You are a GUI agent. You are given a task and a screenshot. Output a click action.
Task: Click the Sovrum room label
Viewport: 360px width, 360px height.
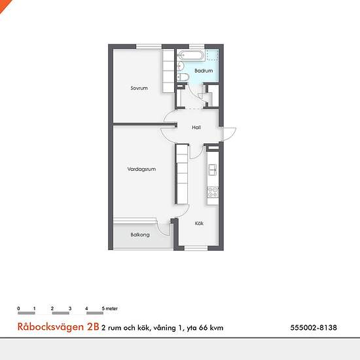tap(139, 88)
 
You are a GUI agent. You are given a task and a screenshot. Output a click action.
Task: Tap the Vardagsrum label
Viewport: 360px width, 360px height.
tap(141, 170)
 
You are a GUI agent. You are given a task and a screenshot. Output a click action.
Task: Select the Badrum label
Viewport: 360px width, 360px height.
tap(204, 71)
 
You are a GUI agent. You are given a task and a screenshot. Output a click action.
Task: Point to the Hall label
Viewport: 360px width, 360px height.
tap(196, 128)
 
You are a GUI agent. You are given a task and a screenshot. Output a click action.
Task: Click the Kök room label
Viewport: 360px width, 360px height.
tap(199, 223)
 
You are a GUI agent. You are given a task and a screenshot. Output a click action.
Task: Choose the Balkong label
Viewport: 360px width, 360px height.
tap(140, 234)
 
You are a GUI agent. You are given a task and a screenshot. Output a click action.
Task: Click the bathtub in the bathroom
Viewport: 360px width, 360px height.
tap(191, 55)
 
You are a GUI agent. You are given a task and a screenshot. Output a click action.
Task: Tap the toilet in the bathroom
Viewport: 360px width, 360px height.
tap(183, 77)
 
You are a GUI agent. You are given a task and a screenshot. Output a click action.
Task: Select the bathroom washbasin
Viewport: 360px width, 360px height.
tap(181, 66)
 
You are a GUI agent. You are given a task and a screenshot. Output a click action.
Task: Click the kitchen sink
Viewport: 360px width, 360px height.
tap(212, 170)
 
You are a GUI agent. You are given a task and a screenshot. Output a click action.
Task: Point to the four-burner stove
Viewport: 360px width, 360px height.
tap(213, 192)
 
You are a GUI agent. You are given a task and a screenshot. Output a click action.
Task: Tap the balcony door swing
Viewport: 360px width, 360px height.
tap(163, 228)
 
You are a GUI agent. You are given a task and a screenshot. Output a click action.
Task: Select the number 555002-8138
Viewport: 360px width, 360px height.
tap(314, 328)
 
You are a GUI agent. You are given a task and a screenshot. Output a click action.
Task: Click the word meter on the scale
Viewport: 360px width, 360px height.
tap(111, 308)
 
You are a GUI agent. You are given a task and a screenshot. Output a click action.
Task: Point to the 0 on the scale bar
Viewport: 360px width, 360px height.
tap(18, 308)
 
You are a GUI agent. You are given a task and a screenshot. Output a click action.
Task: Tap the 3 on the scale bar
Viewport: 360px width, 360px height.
tap(70, 308)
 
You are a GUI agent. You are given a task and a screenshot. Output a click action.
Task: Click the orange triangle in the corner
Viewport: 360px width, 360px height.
tap(4, 5)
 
